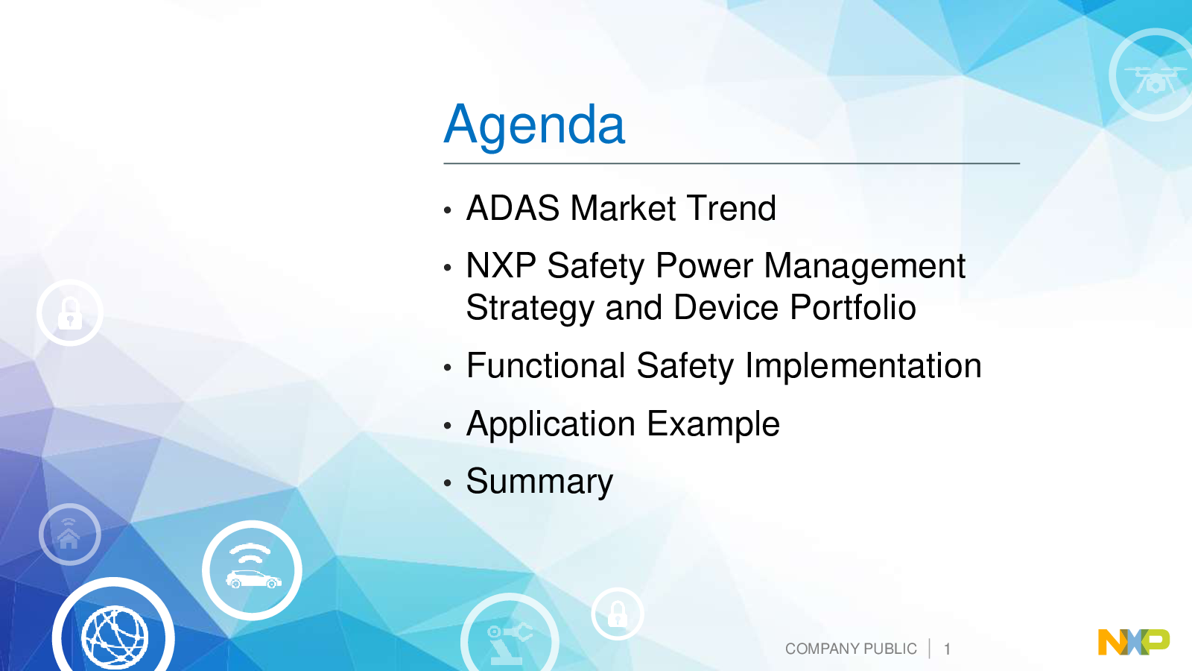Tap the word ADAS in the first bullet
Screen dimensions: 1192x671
513,208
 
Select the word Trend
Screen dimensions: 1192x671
731,208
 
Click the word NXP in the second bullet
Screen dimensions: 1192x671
501,265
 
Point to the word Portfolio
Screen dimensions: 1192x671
852,307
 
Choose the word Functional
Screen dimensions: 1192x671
545,365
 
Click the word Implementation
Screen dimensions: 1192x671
863,366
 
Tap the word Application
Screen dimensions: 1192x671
551,425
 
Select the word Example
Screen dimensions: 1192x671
714,425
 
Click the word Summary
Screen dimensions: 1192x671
539,482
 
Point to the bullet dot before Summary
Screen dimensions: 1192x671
448,483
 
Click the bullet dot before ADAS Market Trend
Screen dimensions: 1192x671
448,210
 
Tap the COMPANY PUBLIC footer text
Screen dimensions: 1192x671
851,649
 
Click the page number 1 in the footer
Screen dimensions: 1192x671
947,649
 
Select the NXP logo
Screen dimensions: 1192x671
1134,642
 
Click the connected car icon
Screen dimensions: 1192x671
253,570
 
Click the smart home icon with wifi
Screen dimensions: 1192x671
69,534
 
